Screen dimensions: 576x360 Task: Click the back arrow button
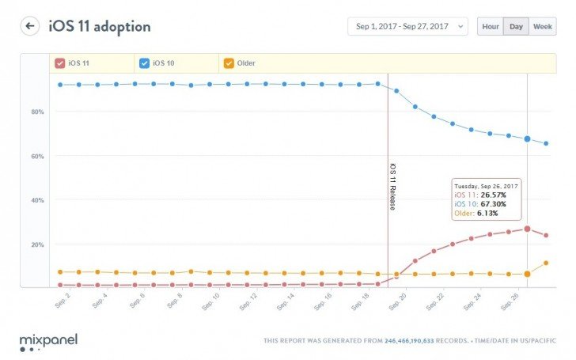30,26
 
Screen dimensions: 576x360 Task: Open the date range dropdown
407,26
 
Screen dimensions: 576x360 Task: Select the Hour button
491,26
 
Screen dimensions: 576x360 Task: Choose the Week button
543,26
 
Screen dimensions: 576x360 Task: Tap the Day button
516,26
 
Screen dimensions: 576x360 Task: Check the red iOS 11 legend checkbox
60,63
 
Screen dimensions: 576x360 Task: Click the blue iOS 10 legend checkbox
144,63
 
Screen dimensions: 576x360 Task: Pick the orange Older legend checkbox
229,63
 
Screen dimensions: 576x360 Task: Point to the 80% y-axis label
37,112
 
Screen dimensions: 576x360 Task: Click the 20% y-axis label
37,244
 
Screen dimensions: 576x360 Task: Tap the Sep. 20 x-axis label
397,301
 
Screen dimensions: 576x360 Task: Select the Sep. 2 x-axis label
63,301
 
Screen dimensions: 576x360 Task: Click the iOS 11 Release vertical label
392,187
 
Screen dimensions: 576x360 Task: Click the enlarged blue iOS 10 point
527,139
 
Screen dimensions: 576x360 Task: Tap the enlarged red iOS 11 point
527,229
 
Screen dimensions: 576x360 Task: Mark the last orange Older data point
546,263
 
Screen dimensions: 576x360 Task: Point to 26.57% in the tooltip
494,195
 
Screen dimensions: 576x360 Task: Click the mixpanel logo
48,343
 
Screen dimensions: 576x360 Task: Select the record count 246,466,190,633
409,341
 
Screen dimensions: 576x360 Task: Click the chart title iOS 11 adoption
100,26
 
